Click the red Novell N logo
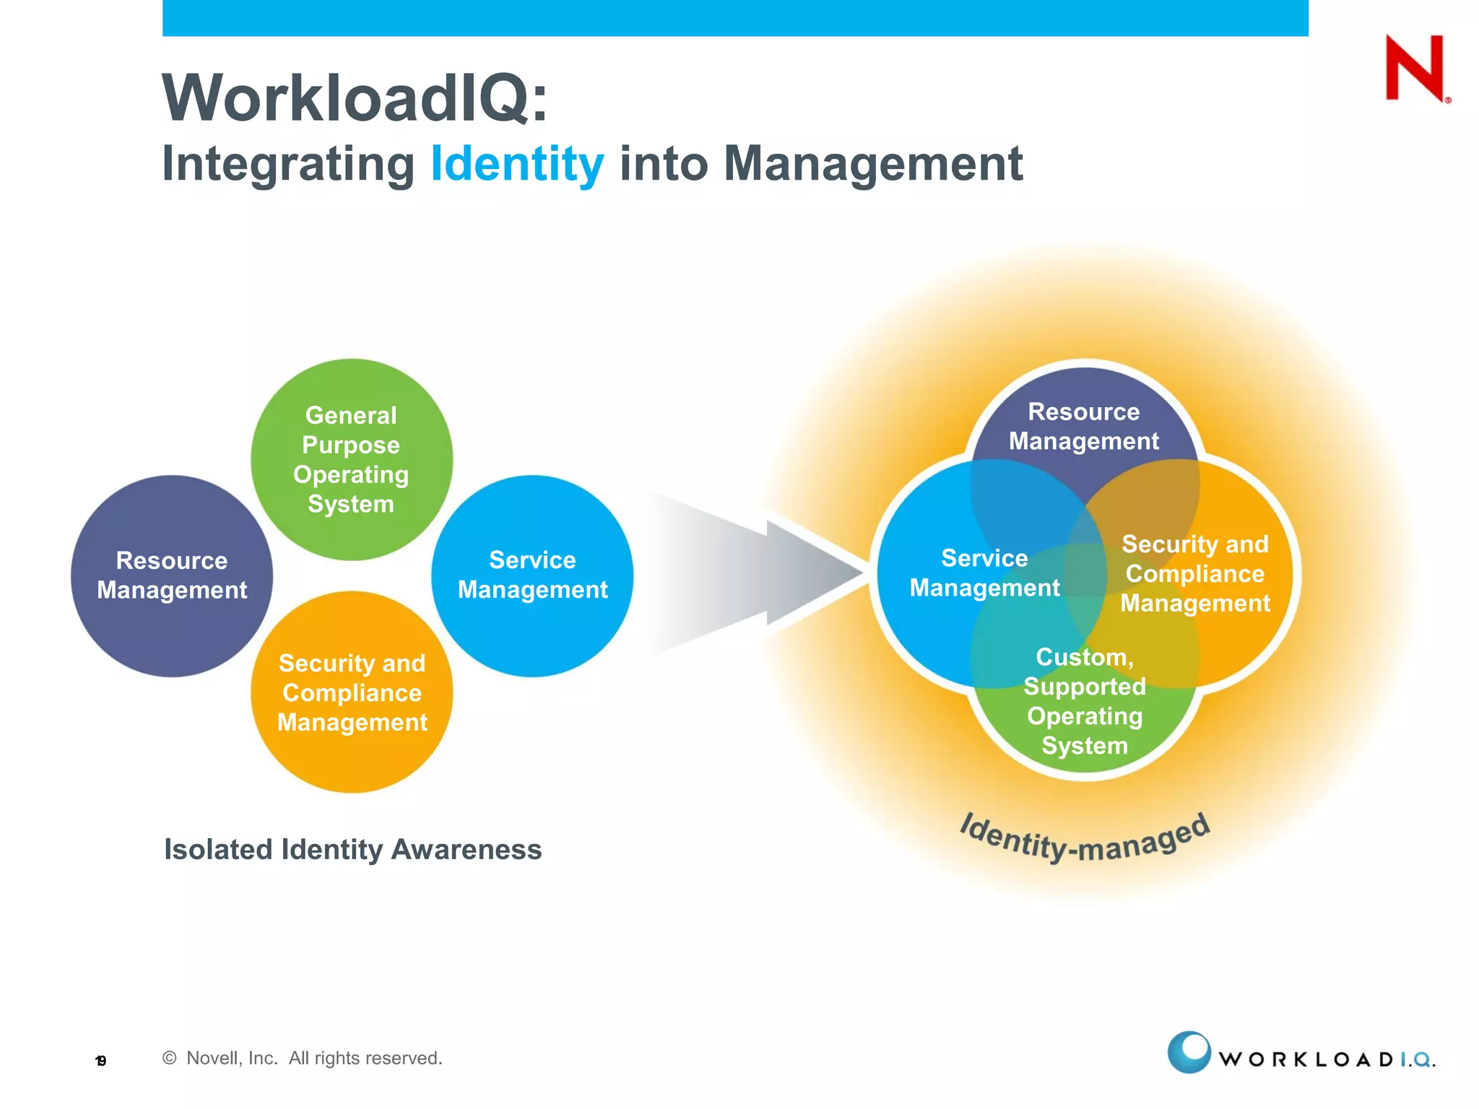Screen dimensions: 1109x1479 click(1415, 68)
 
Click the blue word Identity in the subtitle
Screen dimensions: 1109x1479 click(517, 164)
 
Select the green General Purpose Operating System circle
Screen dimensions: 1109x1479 click(352, 459)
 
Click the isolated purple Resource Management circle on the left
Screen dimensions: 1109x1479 click(172, 575)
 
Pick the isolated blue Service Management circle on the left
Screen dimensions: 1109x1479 click(532, 575)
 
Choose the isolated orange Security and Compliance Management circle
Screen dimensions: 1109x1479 click(352, 692)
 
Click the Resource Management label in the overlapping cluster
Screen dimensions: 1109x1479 click(1083, 426)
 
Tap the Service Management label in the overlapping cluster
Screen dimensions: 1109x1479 click(984, 573)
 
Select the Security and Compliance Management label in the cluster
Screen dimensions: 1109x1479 click(1194, 573)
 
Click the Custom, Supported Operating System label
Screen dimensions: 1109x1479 click(1084, 701)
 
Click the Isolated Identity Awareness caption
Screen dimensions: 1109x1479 click(352, 850)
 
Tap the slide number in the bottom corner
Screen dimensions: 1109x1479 click(101, 1061)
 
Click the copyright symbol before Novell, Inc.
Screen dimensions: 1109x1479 click(170, 1058)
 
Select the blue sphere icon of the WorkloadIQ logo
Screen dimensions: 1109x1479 click(1189, 1052)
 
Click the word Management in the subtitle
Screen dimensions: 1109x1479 click(873, 164)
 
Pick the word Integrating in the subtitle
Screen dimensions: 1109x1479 click(288, 164)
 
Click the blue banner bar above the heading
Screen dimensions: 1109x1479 click(735, 18)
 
